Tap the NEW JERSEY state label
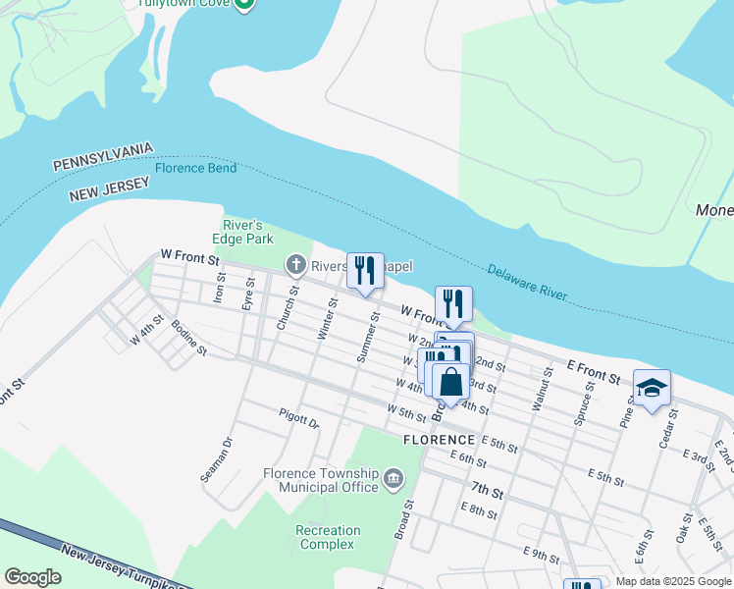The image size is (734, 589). click(x=109, y=189)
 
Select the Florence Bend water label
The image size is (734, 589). click(x=194, y=168)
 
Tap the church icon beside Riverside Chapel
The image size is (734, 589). click(x=295, y=264)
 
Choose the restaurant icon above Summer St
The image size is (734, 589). click(x=365, y=270)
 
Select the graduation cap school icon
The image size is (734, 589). click(x=652, y=388)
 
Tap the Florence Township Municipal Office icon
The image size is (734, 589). click(x=393, y=479)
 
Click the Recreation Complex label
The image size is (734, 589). click(x=328, y=537)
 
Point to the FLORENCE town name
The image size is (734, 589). click(x=439, y=439)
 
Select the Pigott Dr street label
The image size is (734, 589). click(x=298, y=419)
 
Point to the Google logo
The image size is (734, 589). click(x=33, y=577)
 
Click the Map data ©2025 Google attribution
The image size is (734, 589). click(x=673, y=581)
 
